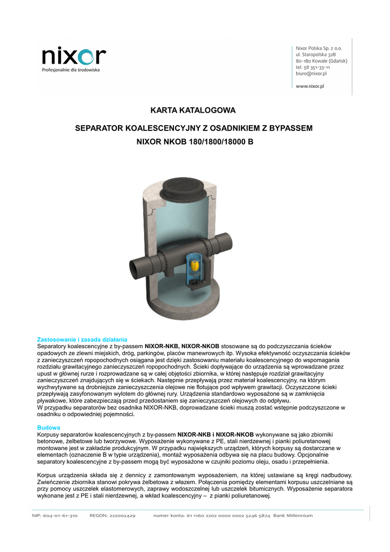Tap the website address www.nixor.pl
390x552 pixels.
[x=310, y=86]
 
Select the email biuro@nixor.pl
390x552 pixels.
[x=311, y=74]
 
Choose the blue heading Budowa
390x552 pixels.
[x=48, y=427]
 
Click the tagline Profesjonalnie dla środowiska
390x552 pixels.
[x=71, y=70]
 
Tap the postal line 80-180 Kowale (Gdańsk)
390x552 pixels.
[x=322, y=61]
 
